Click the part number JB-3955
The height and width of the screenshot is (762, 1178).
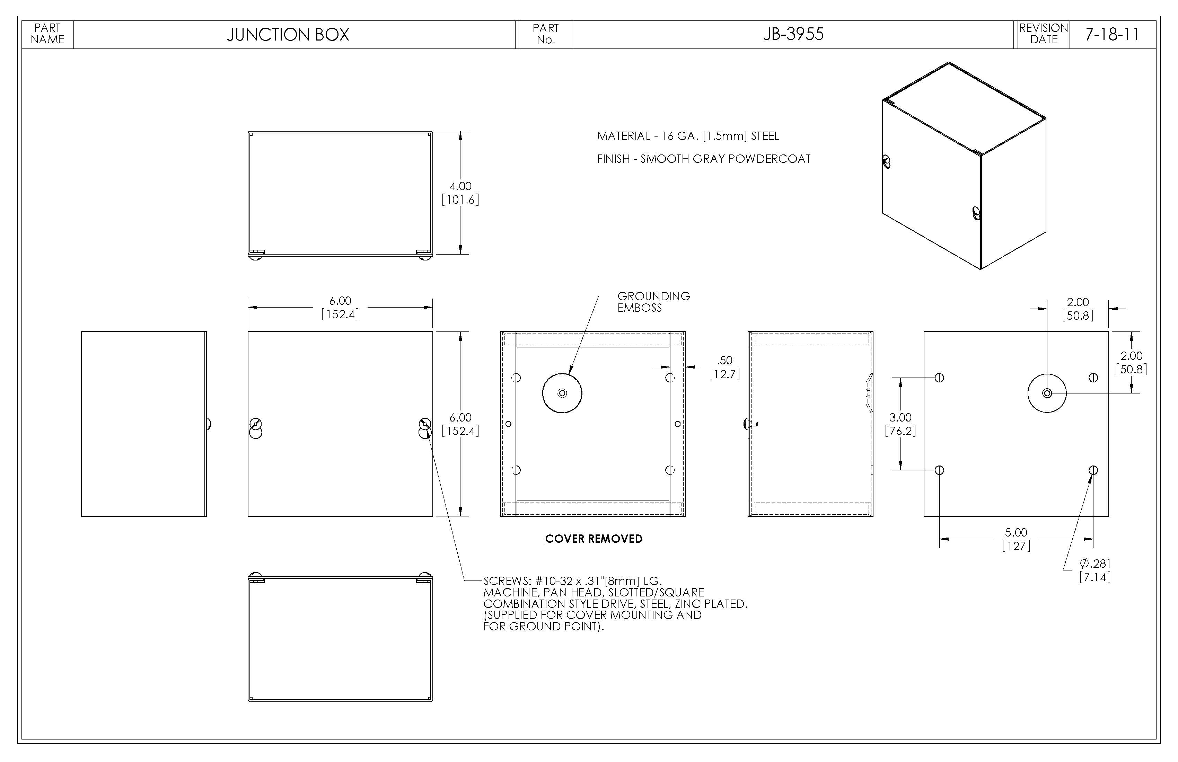point(793,34)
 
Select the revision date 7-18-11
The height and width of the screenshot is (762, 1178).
point(1112,34)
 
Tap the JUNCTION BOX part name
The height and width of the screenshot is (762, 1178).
point(288,35)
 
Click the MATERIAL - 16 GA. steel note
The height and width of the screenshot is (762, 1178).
point(687,136)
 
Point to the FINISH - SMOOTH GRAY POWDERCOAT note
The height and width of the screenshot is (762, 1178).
point(703,159)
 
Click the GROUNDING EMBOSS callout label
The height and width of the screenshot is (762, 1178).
point(653,302)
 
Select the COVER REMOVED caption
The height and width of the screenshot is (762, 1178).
point(594,539)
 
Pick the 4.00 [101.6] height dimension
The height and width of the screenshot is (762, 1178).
point(460,193)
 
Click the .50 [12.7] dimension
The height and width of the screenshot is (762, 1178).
point(724,367)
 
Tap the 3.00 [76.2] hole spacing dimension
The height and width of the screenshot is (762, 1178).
point(900,424)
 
